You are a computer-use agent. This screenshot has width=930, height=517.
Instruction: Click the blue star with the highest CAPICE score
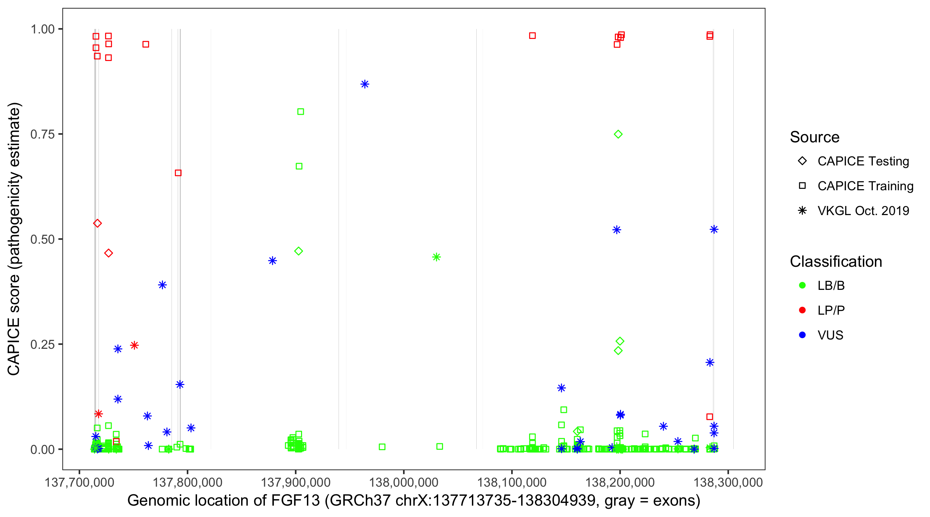click(365, 84)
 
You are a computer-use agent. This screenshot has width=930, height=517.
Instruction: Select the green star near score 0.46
click(436, 257)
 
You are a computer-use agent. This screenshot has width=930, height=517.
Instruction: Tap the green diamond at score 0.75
click(618, 134)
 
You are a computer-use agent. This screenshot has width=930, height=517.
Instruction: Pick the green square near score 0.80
click(300, 112)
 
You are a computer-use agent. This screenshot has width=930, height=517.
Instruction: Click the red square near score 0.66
click(178, 173)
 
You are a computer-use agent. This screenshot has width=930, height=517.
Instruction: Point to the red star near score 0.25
click(134, 345)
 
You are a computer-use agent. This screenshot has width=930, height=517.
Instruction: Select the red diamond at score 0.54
click(97, 223)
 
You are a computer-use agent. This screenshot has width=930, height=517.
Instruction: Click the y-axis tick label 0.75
click(42, 134)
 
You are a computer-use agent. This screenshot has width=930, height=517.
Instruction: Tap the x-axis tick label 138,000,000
click(403, 482)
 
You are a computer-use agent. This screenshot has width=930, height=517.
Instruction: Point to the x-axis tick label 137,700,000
click(79, 482)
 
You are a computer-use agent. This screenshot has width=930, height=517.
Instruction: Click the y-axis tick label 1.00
click(42, 29)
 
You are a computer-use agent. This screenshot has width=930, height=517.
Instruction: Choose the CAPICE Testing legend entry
click(863, 161)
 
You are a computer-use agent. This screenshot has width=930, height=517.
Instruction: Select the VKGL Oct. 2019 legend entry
click(863, 211)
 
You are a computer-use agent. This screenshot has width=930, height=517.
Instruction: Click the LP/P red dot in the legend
click(802, 310)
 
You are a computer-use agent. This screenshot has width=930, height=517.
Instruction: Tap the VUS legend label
click(830, 335)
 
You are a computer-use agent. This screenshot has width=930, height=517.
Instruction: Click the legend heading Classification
click(836, 261)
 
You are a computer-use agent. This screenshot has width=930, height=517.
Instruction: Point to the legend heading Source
click(815, 137)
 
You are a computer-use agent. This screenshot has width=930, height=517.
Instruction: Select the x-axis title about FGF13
click(414, 500)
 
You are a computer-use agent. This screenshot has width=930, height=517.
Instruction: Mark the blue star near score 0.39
click(163, 285)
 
